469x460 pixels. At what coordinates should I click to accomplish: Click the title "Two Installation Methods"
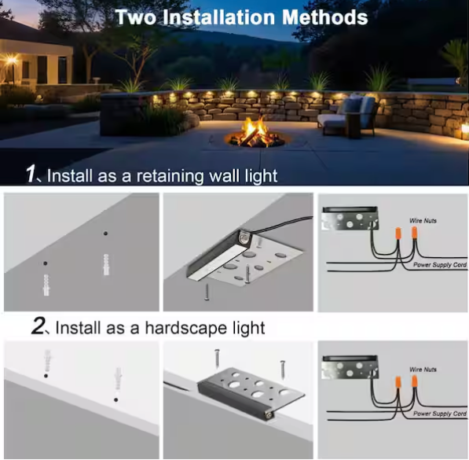point(241,17)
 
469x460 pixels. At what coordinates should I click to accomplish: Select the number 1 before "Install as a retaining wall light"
point(32,174)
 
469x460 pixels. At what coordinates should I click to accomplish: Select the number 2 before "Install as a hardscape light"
point(39,326)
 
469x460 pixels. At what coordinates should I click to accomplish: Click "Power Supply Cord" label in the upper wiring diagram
point(440,266)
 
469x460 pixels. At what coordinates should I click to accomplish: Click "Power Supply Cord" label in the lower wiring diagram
point(440,413)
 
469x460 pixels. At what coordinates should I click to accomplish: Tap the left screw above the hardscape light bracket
point(217,359)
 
